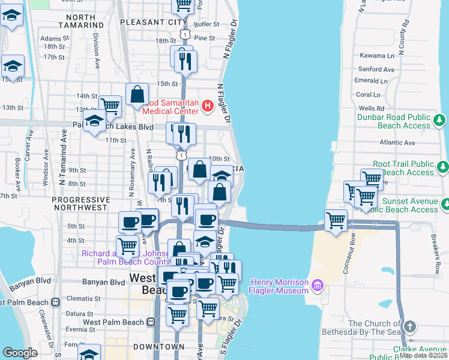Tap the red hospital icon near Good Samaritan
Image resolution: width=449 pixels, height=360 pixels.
(x=208, y=106)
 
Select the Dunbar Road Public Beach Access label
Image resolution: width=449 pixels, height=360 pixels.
(x=393, y=121)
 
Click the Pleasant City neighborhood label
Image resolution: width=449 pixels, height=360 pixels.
(x=149, y=22)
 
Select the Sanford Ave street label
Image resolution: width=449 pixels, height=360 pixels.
(x=376, y=70)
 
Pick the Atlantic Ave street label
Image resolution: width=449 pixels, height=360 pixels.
(x=397, y=143)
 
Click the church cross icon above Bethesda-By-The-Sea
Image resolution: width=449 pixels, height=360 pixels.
(x=409, y=326)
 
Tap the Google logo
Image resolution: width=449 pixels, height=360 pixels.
(x=20, y=353)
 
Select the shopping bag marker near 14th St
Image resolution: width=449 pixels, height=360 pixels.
(x=137, y=95)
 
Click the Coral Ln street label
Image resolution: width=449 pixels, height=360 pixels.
(x=368, y=94)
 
